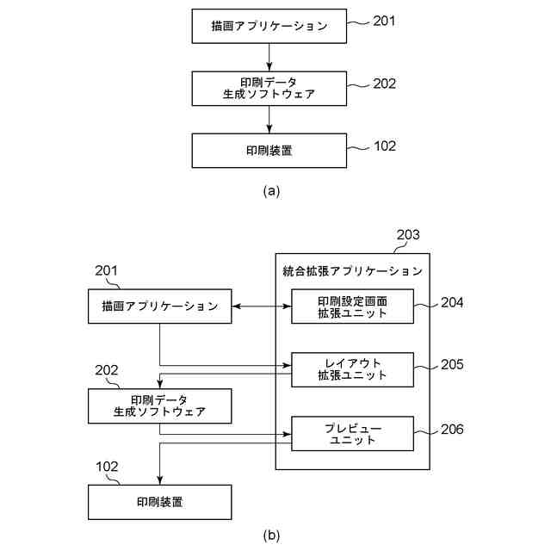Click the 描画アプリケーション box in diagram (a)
(269, 27)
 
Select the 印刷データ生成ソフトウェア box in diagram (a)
(269, 89)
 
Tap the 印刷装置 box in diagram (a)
(269, 151)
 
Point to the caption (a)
(271, 191)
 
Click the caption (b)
(271, 536)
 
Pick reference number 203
(408, 235)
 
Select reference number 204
(452, 302)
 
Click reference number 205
(452, 364)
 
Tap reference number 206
(452, 429)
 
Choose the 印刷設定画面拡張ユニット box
(352, 306)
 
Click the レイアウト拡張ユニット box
(352, 370)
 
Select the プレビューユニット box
(352, 434)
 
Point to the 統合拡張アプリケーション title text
(352, 271)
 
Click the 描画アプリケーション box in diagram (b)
(160, 306)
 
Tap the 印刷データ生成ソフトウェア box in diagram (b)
(160, 406)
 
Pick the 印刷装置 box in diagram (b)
(160, 502)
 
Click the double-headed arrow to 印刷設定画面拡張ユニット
(262, 306)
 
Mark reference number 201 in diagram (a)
(384, 21)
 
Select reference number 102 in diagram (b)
(107, 467)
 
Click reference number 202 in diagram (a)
(384, 84)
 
